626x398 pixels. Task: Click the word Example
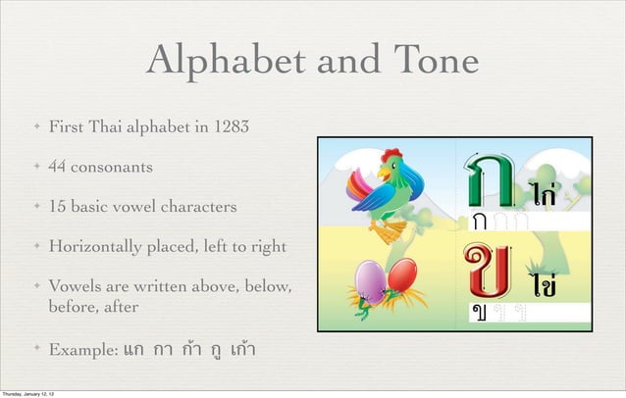coord(80,350)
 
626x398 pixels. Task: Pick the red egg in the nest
coord(399,275)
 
